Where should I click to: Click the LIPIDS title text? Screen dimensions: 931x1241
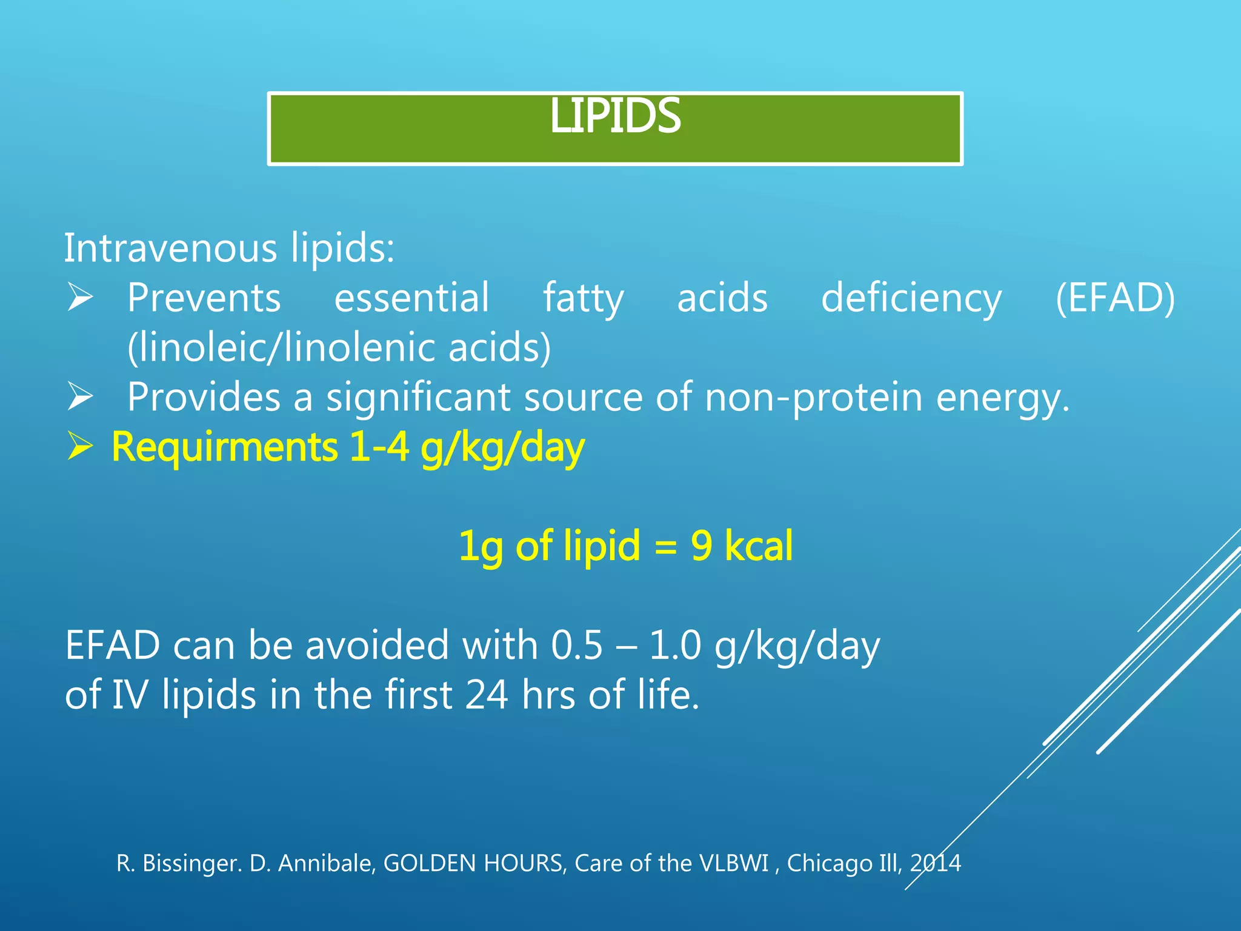(615, 116)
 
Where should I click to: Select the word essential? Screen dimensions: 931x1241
(411, 298)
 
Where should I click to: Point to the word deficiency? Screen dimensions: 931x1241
(911, 298)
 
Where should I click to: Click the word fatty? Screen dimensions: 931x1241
(583, 298)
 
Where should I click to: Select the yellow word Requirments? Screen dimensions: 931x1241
(224, 447)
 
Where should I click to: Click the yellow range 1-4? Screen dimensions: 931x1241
(379, 447)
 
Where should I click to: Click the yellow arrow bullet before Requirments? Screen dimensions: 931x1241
(80, 447)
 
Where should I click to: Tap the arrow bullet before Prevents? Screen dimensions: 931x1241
(80, 298)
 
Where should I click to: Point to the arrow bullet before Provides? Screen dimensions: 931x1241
(80, 397)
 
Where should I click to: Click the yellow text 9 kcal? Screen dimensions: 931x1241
(741, 546)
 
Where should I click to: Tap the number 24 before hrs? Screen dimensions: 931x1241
(487, 695)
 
